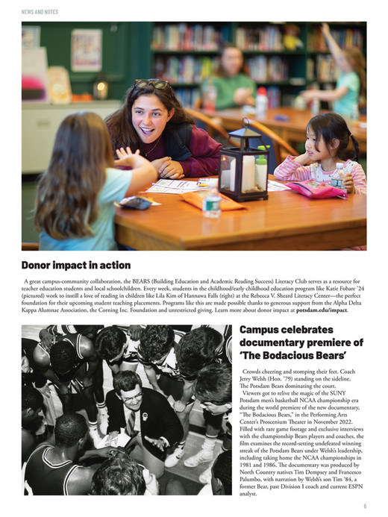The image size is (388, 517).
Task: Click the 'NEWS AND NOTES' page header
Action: pyautogui.click(x=40, y=12)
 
